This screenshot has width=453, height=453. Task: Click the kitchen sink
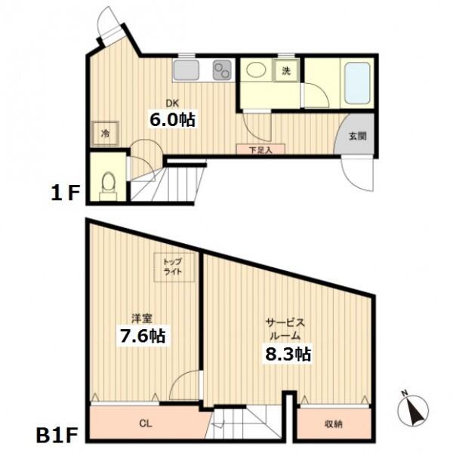point(186,70)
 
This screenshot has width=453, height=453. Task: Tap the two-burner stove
point(222,70)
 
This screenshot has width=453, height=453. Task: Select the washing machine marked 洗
point(286,71)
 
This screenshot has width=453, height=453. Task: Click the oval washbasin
point(256,70)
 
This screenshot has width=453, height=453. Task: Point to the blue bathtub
point(358,83)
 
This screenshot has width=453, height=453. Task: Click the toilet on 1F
point(108,186)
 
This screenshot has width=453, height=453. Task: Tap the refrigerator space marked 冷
point(106,134)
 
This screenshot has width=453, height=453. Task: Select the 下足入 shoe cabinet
point(260,149)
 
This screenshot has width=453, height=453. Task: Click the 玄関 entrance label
point(358,136)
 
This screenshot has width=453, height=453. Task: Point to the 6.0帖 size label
point(172,119)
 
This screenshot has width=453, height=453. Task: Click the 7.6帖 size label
point(143,335)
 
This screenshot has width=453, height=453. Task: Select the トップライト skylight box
point(174,267)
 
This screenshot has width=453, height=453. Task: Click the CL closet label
point(146,424)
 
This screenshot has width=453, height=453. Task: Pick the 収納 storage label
point(334,424)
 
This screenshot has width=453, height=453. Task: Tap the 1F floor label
point(65,194)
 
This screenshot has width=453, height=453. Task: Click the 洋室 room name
point(142,318)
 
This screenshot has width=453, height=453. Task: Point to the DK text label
point(172,103)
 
